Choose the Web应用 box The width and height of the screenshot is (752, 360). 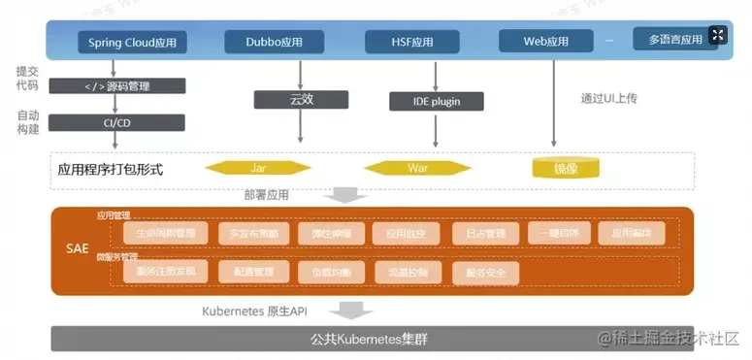click(x=546, y=43)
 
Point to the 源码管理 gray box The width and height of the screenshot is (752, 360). click(x=117, y=86)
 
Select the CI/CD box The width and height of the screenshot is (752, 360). click(x=117, y=122)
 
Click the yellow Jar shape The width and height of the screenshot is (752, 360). click(x=258, y=168)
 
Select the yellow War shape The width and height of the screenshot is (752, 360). click(x=417, y=168)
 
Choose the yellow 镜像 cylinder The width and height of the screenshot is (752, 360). click(x=565, y=168)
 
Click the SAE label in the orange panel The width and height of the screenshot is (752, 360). click(x=77, y=248)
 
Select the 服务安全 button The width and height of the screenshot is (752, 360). click(x=486, y=273)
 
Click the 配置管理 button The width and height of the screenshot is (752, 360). click(x=253, y=273)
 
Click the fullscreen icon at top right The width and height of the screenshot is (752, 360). click(x=717, y=36)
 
